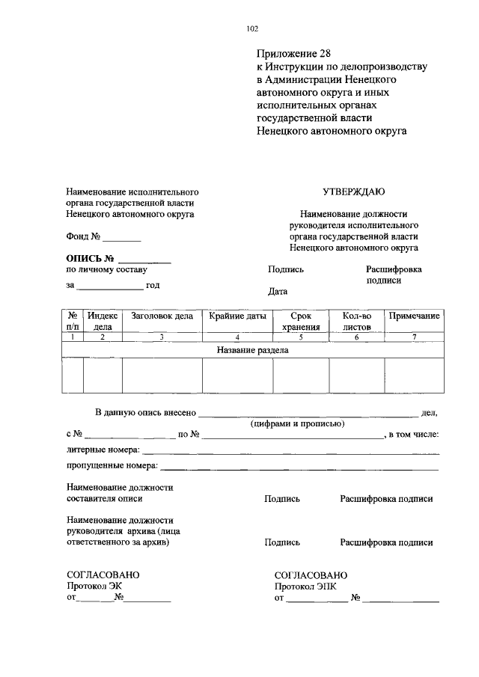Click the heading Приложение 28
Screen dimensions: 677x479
[293, 54]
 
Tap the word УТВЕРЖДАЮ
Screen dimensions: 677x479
[354, 192]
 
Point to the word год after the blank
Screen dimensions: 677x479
[153, 285]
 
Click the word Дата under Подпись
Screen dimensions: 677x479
[277, 292]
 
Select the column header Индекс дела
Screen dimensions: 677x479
[103, 321]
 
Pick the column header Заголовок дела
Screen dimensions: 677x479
[162, 316]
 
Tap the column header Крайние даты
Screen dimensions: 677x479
[237, 316]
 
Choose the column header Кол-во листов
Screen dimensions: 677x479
[356, 321]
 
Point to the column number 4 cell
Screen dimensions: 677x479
[237, 337]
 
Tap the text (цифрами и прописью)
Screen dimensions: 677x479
[297, 423]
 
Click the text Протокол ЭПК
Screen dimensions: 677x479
[303, 586]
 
